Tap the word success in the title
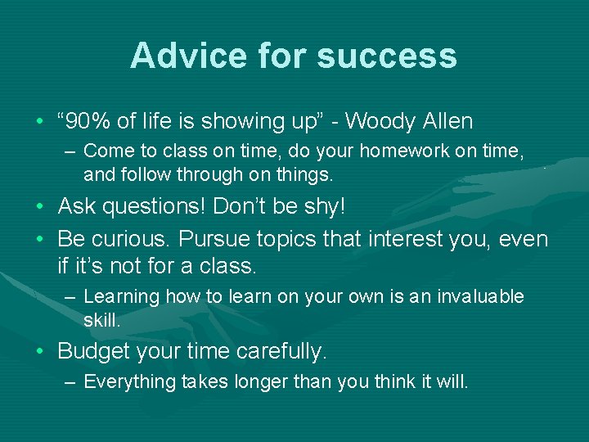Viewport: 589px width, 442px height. pos(387,56)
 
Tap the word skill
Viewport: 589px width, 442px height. pos(101,320)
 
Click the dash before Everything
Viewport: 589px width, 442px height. pos(72,382)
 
